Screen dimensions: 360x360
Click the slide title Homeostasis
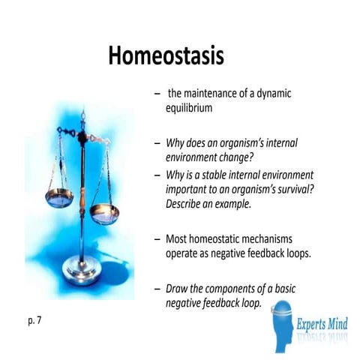click(166, 55)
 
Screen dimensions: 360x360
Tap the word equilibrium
click(190, 107)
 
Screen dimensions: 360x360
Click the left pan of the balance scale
click(58, 197)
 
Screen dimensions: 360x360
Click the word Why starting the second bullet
click(177, 142)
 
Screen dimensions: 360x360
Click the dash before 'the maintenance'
click(155, 94)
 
